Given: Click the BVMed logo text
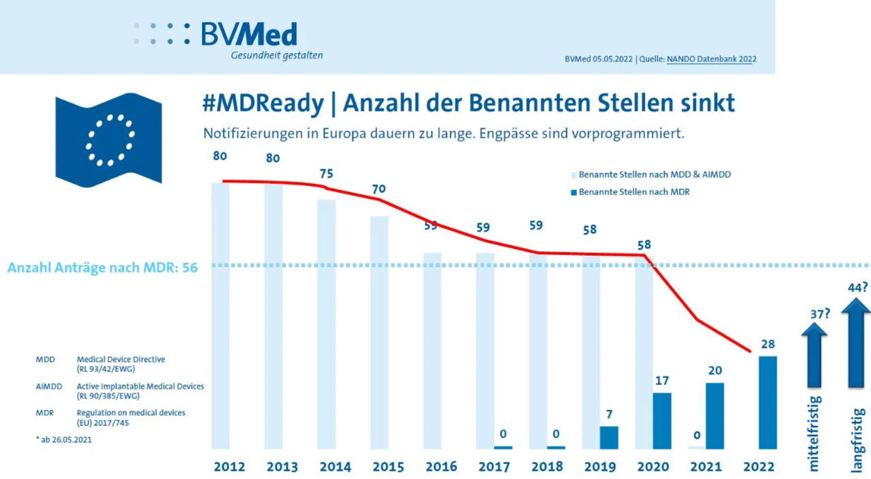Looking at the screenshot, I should tap(249, 34).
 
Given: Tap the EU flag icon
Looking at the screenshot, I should tap(109, 140).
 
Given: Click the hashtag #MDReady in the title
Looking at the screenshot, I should tap(263, 103).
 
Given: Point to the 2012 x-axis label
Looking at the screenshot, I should tap(229, 467).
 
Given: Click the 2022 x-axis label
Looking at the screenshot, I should tap(759, 467).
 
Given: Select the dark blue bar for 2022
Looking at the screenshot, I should tap(768, 402).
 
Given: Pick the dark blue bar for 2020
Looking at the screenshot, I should tap(662, 420).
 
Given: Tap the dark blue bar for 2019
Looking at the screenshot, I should tap(609, 437).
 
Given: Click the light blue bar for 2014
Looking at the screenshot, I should tap(327, 324).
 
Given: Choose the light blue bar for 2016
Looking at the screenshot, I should tap(432, 351).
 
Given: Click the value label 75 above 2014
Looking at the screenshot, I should tap(327, 174).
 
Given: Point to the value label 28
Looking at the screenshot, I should tap(768, 344).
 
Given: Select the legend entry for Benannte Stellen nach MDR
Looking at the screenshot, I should tap(633, 192).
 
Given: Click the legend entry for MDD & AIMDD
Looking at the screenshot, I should tap(653, 175).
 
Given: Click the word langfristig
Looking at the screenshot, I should tap(858, 439).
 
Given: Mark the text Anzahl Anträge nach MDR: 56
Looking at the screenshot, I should tap(103, 268).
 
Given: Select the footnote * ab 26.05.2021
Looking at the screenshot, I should tap(64, 440).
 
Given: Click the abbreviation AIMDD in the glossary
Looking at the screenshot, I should tap(49, 386).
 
